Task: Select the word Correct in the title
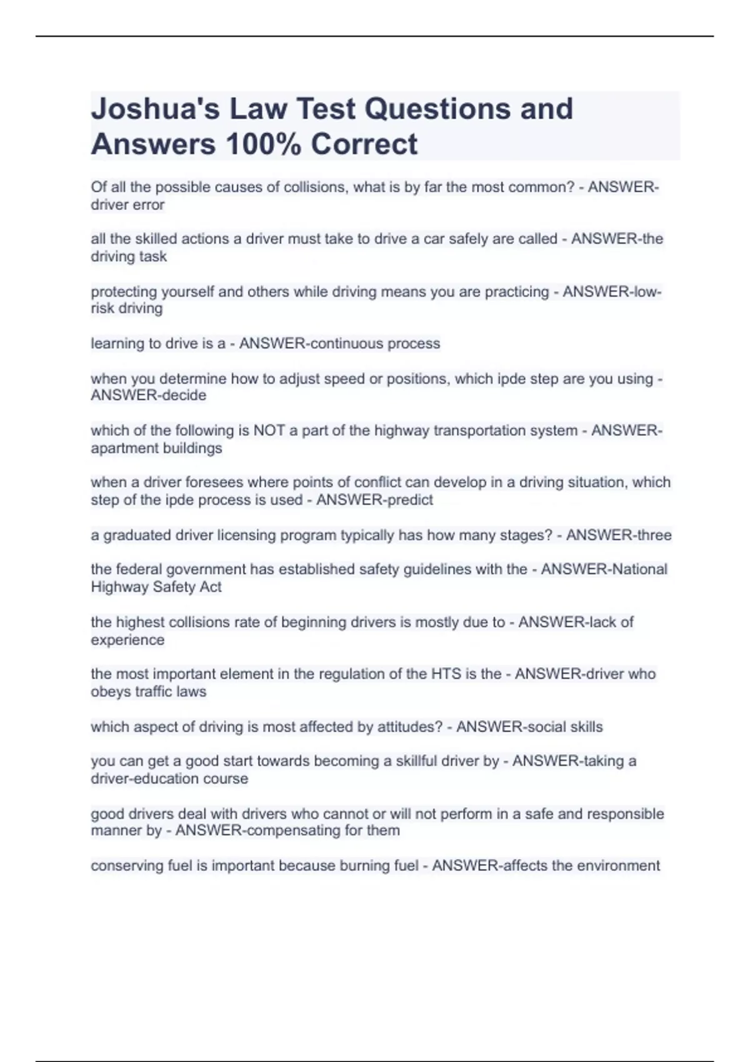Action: (364, 144)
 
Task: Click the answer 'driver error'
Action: (127, 205)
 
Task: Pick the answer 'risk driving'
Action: (127, 309)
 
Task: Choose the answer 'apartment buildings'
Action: (156, 449)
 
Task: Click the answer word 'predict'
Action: (406, 500)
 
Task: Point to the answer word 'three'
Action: (654, 535)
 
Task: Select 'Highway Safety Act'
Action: (156, 587)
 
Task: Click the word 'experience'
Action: (127, 640)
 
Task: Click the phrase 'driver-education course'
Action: (169, 779)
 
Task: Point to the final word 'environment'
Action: (618, 866)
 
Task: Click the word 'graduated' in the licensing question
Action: (135, 535)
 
